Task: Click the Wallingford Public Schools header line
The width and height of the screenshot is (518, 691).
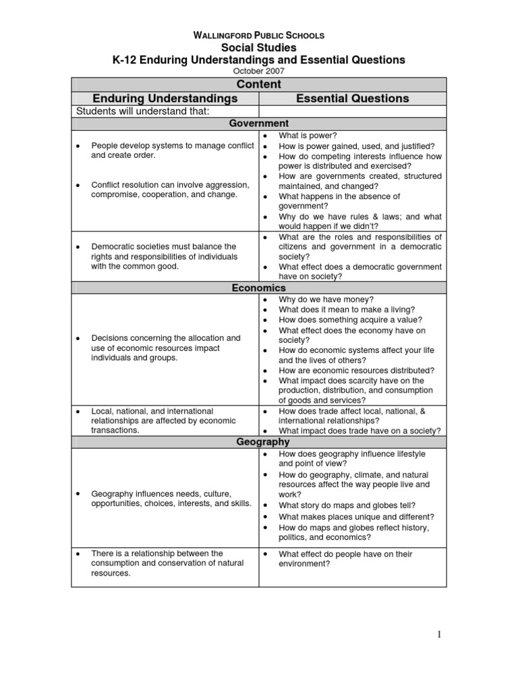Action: coord(258,35)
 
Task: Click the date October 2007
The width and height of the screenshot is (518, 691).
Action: coord(258,71)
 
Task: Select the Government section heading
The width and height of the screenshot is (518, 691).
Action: coord(258,123)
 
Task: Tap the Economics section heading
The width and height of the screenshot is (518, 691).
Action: coord(258,287)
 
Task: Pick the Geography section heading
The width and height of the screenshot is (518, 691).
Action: coord(258,442)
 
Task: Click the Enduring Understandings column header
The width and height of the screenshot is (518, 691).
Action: coord(165,99)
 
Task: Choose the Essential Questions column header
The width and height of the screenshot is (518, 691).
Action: coord(353,99)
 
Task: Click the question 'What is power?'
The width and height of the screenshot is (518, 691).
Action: coord(303,136)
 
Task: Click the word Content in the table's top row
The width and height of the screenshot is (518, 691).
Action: coord(258,84)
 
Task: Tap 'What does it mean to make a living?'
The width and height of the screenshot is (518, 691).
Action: coord(347,310)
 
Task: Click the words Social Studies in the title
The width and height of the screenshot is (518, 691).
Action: coord(258,47)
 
